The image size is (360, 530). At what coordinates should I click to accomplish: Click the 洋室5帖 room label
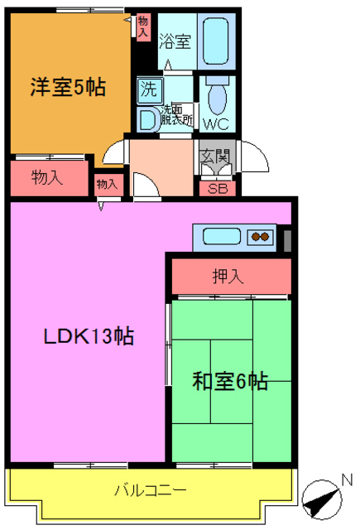click(70, 87)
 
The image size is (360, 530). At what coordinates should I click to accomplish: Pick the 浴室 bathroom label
click(176, 39)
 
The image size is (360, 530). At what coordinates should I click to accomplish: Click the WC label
click(217, 125)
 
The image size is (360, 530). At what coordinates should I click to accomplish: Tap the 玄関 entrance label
click(217, 152)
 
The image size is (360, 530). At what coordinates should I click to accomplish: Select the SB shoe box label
click(217, 188)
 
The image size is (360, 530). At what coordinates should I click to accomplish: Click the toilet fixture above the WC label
click(217, 97)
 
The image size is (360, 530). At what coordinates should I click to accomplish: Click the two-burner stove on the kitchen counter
click(261, 237)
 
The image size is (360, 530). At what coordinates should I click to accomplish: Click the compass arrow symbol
click(320, 499)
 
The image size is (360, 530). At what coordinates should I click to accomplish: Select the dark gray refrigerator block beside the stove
click(287, 239)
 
